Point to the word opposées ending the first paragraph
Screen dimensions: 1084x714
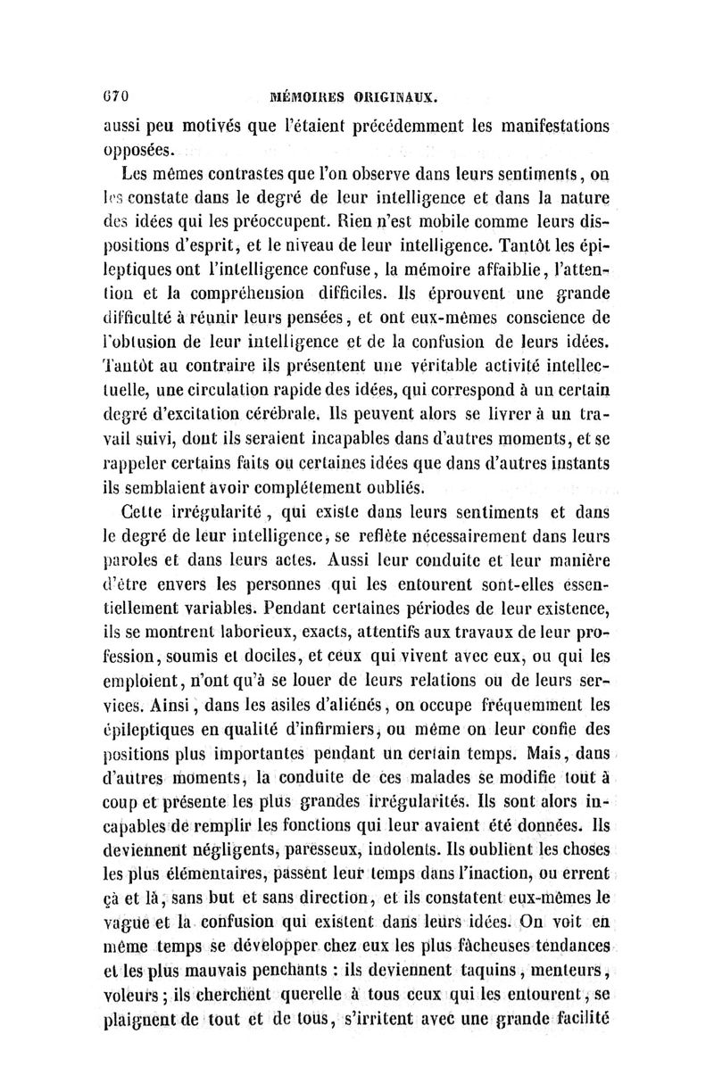click(135, 149)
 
